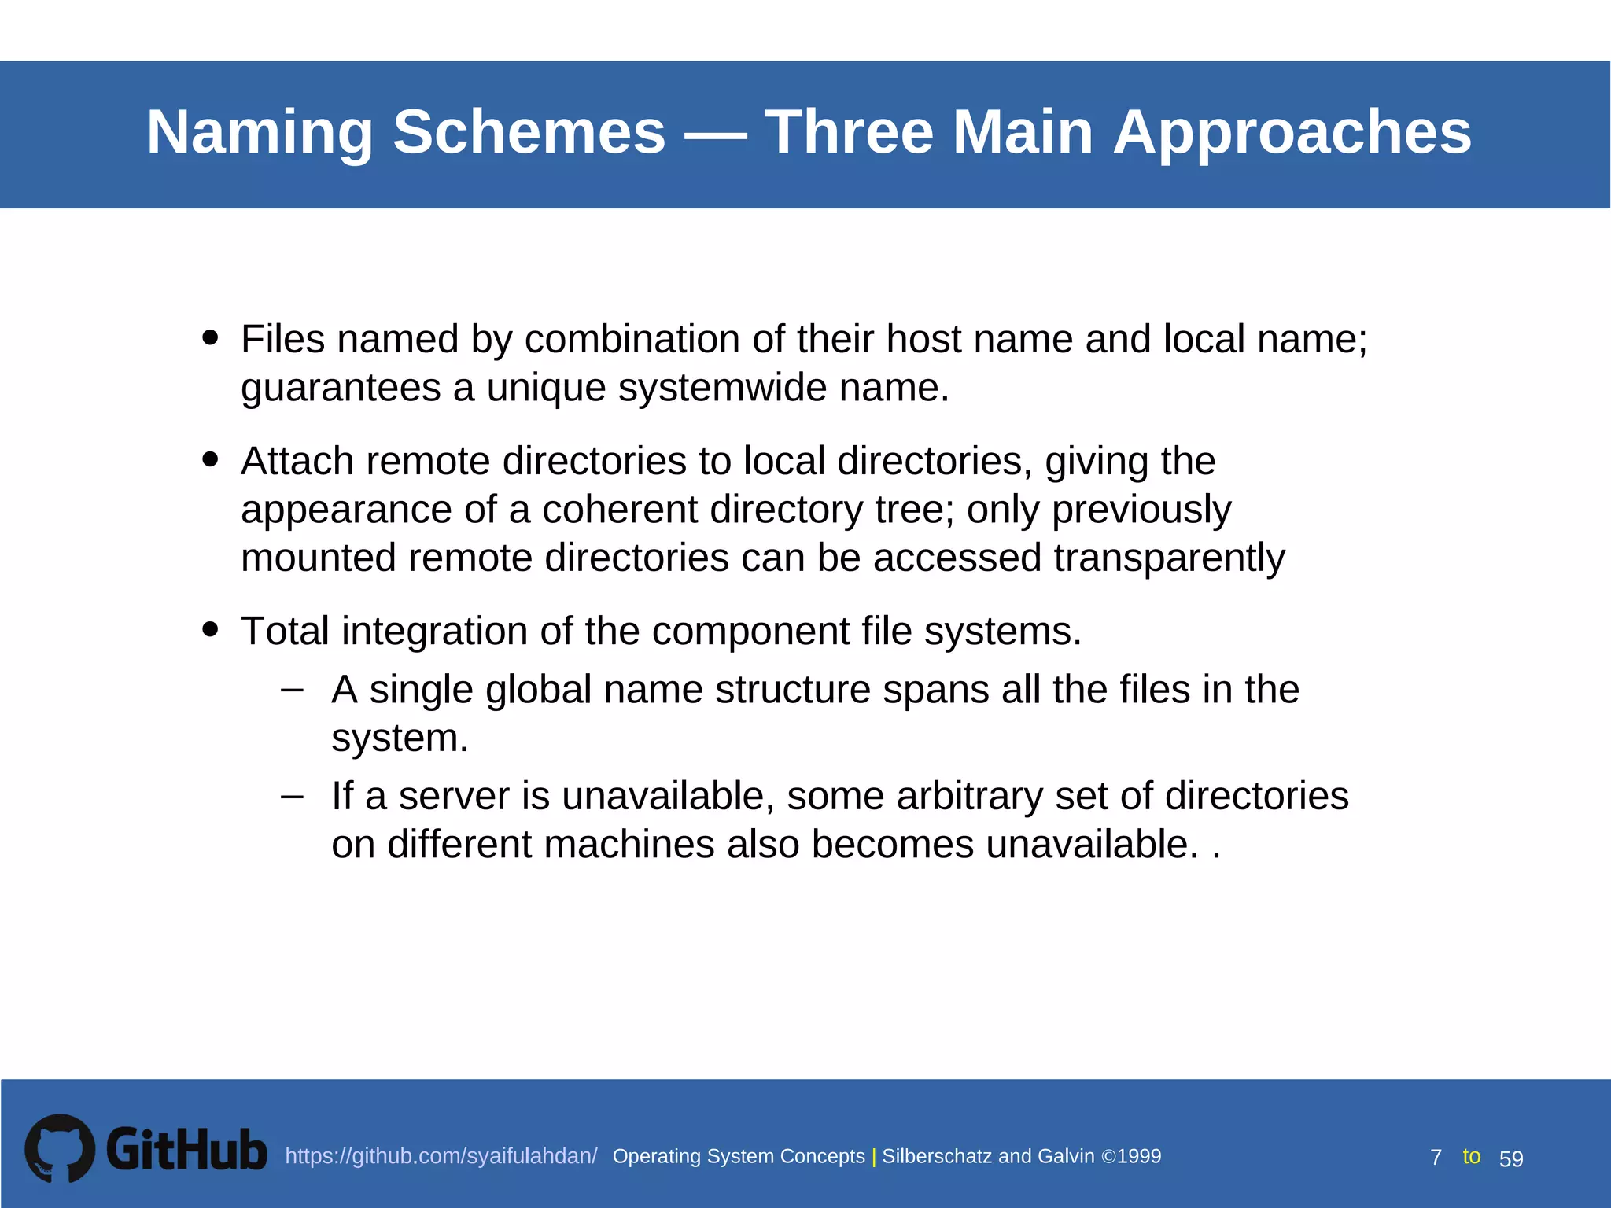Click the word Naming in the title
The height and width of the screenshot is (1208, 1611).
(x=260, y=132)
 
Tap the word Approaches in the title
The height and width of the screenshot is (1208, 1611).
(x=1292, y=132)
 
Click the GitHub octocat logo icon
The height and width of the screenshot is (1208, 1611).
(x=60, y=1148)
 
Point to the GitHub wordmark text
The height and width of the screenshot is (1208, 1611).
(x=186, y=1150)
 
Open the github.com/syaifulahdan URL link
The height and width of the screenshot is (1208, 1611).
(x=441, y=1156)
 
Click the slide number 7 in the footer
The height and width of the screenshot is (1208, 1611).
(x=1436, y=1158)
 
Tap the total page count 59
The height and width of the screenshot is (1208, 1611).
(x=1511, y=1158)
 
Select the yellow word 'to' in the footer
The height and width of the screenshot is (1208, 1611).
(x=1471, y=1156)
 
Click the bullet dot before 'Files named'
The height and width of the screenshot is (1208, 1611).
(x=209, y=337)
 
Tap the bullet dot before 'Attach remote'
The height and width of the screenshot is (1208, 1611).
(x=209, y=459)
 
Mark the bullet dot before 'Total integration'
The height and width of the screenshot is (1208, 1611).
(x=209, y=628)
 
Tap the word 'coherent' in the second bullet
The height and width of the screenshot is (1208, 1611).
(x=620, y=510)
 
